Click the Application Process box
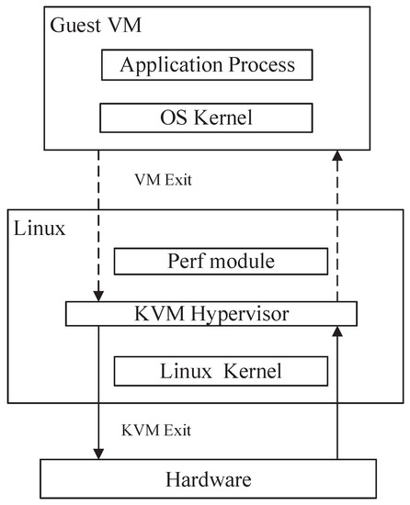[x=209, y=66]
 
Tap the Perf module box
[x=221, y=261]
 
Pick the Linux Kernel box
[x=221, y=371]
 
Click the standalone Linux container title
[x=40, y=229]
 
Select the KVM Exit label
[x=157, y=429]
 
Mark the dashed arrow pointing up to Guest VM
[x=337, y=230]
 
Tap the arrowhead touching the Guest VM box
[x=337, y=156]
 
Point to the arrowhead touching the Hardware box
[x=97, y=454]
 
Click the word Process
[x=259, y=66]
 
